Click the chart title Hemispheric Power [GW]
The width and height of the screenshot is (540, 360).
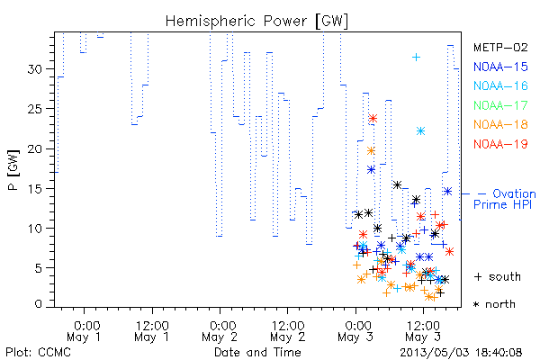coord(256,22)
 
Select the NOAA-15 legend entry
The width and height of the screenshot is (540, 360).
coord(500,67)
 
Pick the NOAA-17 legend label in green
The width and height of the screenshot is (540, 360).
coord(500,105)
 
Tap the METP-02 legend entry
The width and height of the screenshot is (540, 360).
coord(500,47)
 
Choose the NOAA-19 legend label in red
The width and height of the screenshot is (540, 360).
coord(500,144)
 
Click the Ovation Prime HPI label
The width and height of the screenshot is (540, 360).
coord(505,199)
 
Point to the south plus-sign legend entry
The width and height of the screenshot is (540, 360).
coord(498,276)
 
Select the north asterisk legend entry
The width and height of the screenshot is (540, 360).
coord(494,304)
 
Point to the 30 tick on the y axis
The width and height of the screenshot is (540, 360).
coord(35,69)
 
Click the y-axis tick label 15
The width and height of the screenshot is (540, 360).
coord(35,189)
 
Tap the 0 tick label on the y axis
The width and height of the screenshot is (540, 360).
coord(39,303)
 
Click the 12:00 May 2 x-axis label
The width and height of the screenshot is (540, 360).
coord(288,331)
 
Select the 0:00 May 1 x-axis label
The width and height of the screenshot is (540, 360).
coord(84,331)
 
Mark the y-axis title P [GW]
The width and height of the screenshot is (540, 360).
coord(13,170)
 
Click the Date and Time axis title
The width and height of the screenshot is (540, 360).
coord(257,352)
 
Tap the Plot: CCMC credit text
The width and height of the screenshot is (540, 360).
coord(38,352)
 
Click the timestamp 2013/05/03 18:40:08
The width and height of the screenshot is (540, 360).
coord(461,353)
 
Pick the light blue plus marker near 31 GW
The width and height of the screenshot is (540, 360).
coord(417,57)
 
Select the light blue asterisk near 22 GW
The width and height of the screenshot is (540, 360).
coord(420,130)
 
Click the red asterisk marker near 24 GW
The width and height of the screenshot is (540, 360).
coord(373,119)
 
